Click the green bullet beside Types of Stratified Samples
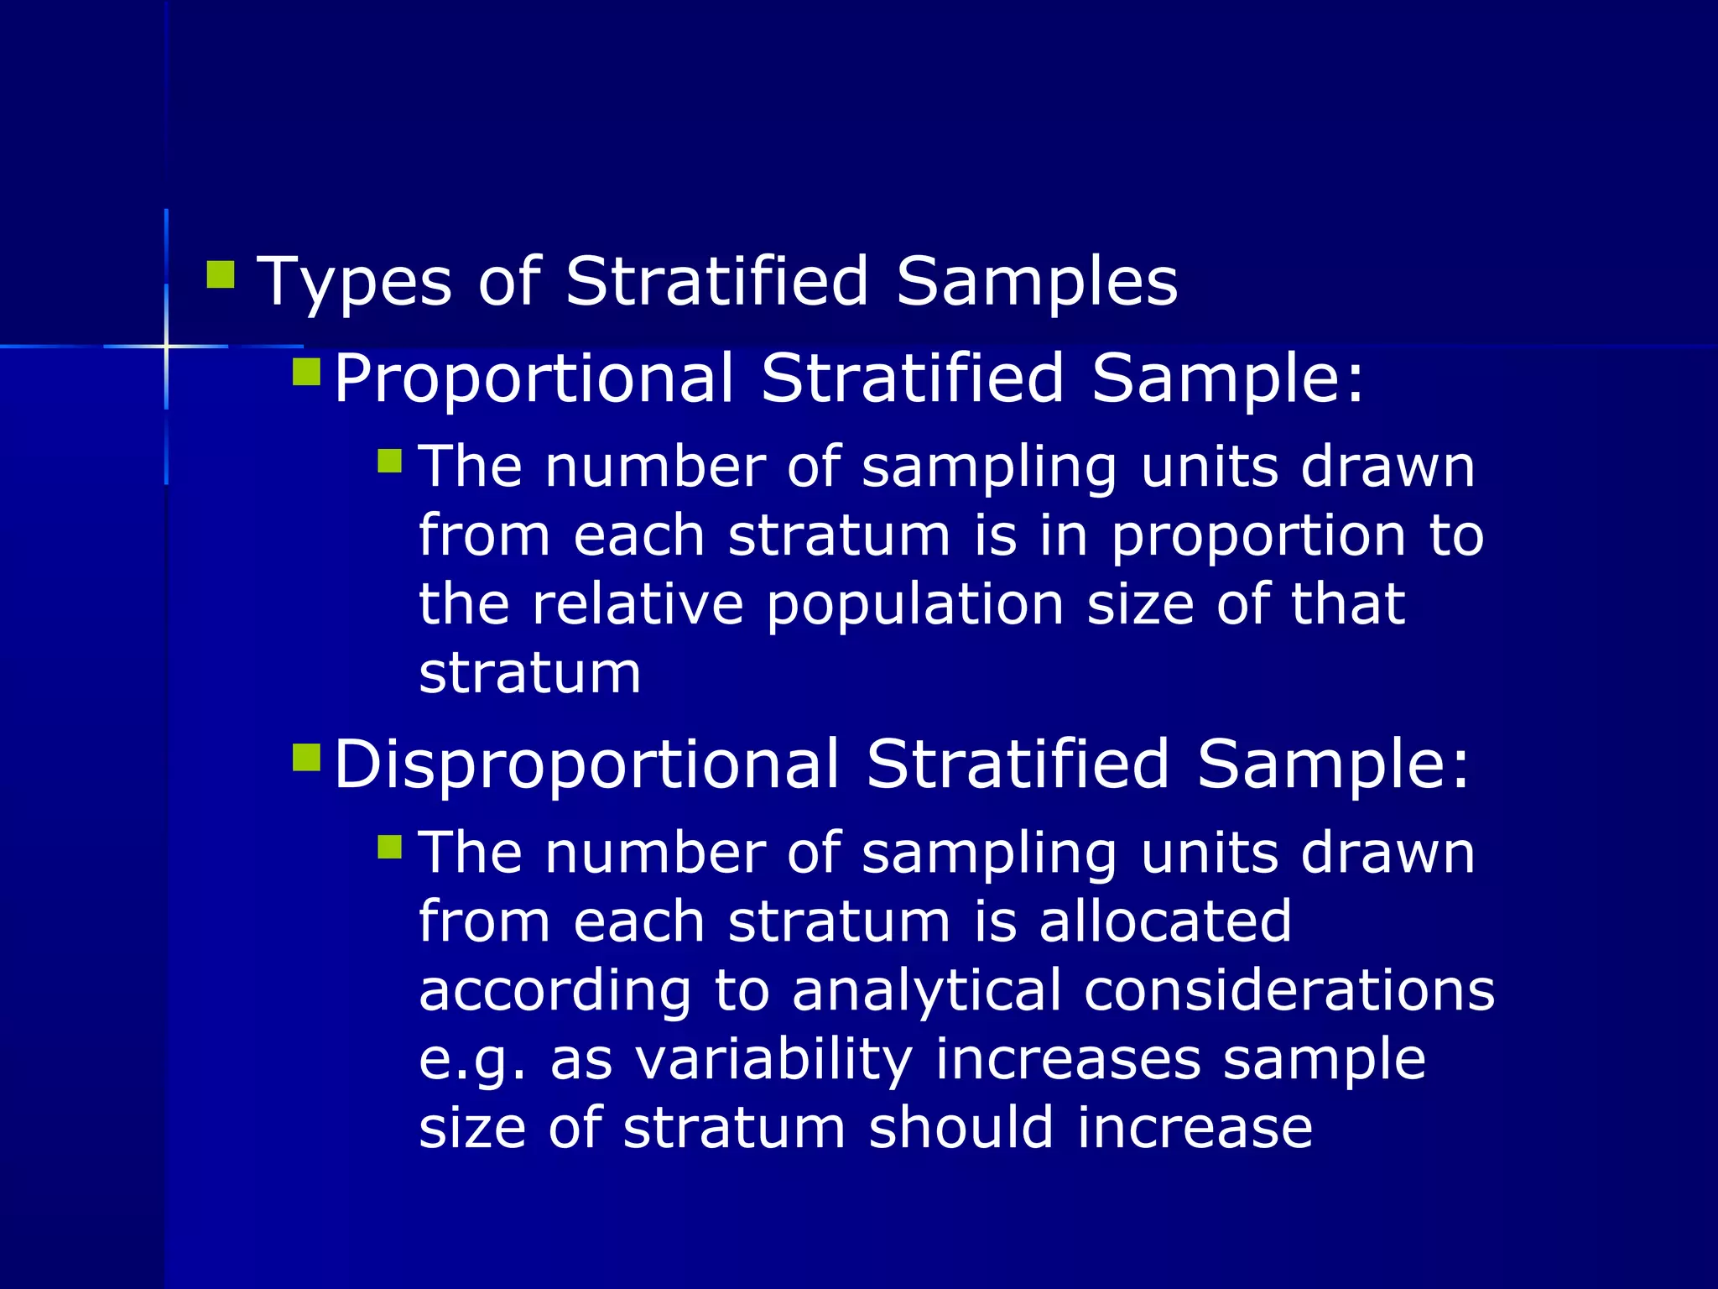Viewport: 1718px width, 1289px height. [x=221, y=274]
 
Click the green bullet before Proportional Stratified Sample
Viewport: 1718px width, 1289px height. [x=306, y=372]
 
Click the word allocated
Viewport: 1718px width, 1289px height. [x=1165, y=921]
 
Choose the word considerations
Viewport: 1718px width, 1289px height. [x=1288, y=990]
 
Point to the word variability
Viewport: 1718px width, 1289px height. [x=773, y=1060]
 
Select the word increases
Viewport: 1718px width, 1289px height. [x=1068, y=1058]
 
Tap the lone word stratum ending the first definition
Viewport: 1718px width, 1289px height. [x=529, y=673]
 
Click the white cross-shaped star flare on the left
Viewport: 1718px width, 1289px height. [x=166, y=346]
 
